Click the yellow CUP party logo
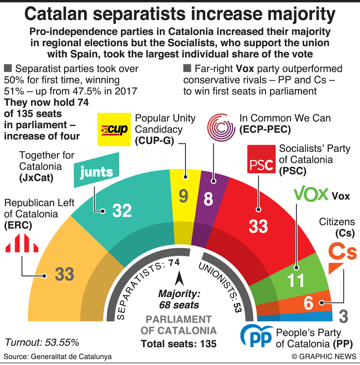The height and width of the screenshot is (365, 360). (x=114, y=129)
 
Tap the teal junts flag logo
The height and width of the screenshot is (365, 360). (x=96, y=170)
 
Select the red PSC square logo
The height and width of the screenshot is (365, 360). (x=261, y=159)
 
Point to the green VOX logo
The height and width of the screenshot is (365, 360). (x=311, y=194)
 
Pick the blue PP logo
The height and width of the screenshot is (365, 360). (x=257, y=336)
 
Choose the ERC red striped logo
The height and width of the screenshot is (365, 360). (x=22, y=243)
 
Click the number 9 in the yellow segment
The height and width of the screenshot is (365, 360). (x=183, y=196)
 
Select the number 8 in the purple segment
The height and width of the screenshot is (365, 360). (x=208, y=199)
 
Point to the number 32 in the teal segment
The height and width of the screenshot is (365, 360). (x=122, y=210)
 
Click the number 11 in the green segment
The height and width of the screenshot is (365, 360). (x=296, y=280)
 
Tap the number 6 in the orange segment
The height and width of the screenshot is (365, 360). (x=308, y=303)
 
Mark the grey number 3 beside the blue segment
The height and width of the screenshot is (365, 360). (x=343, y=317)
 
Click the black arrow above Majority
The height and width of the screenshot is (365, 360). (x=179, y=279)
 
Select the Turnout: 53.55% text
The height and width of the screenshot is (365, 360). (x=42, y=342)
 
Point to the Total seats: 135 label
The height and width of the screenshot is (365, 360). (x=179, y=344)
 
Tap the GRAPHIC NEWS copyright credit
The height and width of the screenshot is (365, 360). (x=324, y=357)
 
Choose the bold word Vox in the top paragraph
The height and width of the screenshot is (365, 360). (x=245, y=69)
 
